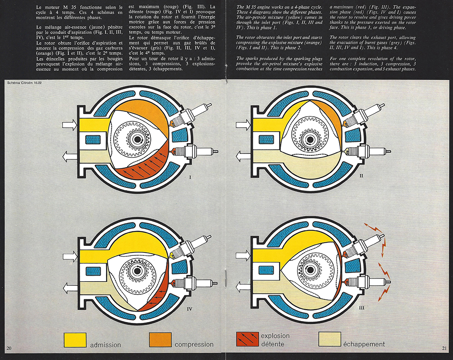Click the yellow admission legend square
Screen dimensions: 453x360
75,340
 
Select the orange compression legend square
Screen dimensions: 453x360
160,340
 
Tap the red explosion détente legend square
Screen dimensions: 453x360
247,339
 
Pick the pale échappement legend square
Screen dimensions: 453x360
330,339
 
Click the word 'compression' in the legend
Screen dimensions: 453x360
194,345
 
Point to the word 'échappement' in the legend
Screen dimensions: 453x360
364,344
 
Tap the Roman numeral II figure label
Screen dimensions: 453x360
361,176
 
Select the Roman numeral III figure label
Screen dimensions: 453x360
361,308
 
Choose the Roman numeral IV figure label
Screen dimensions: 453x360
189,309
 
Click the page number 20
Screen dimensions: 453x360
9,348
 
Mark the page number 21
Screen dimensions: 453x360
444,348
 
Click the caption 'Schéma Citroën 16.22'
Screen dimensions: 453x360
24,83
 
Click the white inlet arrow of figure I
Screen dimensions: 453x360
70,125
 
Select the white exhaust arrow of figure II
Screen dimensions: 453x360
243,157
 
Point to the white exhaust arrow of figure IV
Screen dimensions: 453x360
70,287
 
